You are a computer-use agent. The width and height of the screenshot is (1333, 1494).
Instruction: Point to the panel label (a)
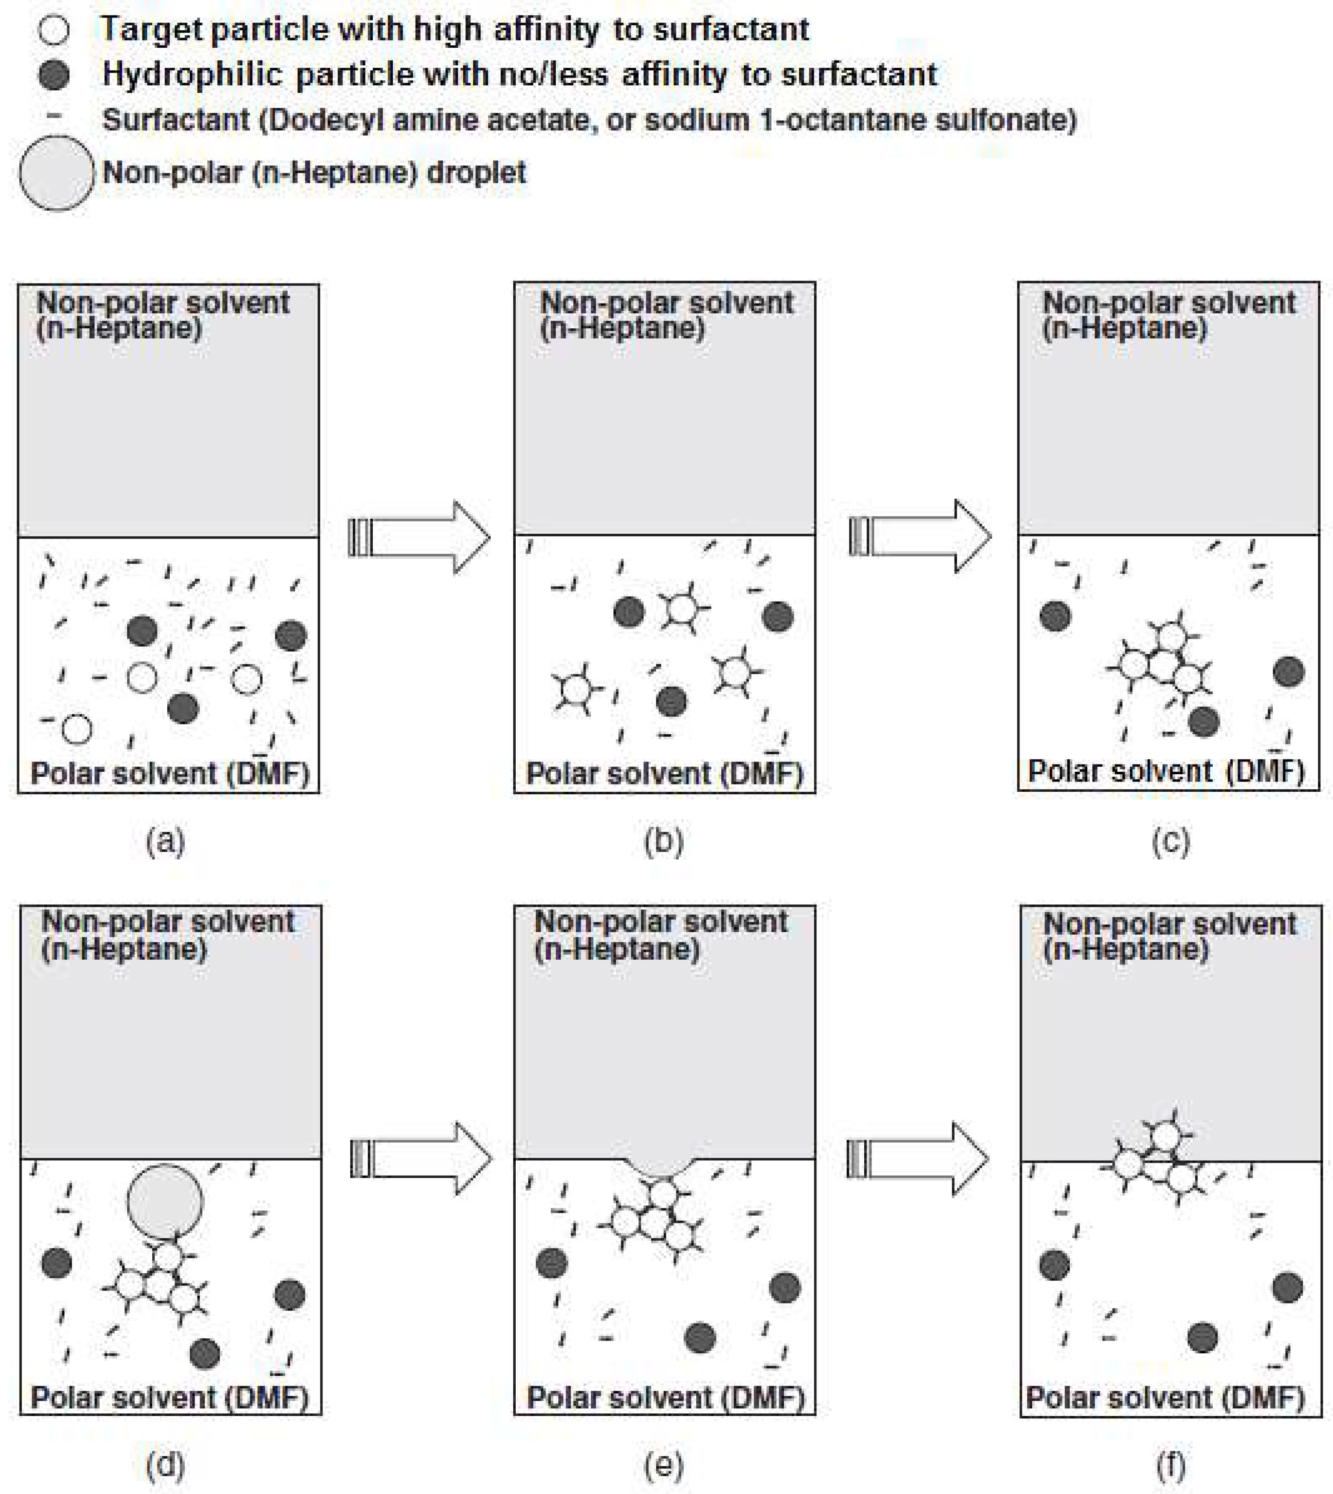[x=166, y=842]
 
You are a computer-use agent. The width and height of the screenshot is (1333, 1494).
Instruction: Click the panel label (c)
[x=1170, y=842]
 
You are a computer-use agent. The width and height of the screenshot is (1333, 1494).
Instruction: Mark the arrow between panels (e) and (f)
[x=918, y=1159]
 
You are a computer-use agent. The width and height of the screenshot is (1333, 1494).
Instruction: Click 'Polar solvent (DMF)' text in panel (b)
[x=664, y=774]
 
